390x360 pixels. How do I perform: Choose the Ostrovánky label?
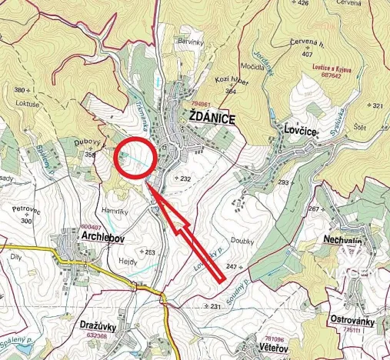click(x=355, y=318)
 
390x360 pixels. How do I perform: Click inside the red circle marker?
click(x=136, y=157)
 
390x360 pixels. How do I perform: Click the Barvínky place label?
click(x=190, y=41)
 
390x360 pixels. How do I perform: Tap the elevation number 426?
click(x=302, y=4)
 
